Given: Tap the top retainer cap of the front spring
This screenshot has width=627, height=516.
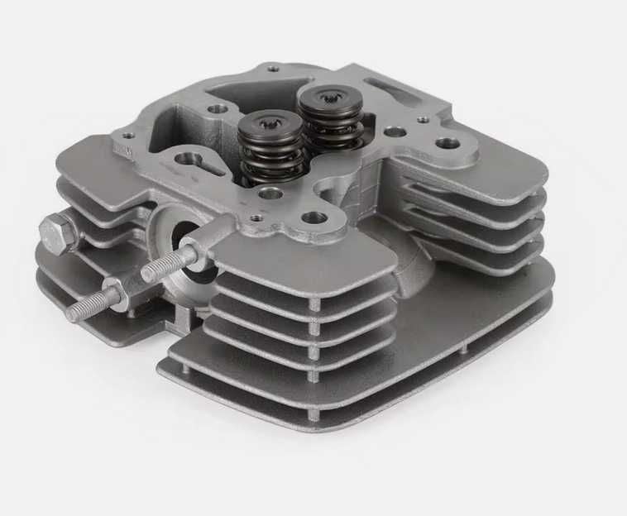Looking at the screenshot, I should click(x=269, y=126).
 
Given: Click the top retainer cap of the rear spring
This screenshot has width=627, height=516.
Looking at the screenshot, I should click(x=330, y=102).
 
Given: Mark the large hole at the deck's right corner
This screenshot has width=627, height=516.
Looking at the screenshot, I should click(x=448, y=143).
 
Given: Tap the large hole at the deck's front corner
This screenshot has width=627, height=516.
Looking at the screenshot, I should click(x=314, y=218).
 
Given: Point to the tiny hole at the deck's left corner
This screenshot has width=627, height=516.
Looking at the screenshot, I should click(x=127, y=137).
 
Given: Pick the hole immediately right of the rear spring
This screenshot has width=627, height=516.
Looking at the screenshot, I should click(x=395, y=131).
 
